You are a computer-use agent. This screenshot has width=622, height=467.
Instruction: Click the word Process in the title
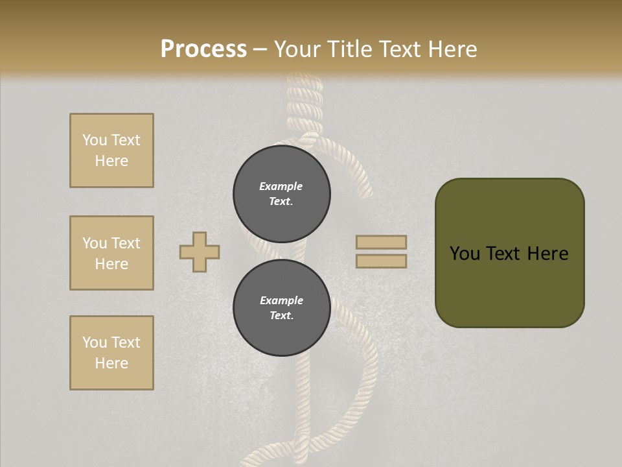click(203, 49)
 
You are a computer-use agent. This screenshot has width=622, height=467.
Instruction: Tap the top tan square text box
click(111, 150)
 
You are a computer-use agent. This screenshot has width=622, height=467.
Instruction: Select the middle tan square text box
click(111, 253)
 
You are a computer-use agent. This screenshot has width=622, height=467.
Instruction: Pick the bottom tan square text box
click(111, 353)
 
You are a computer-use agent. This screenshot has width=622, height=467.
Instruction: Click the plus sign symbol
click(200, 252)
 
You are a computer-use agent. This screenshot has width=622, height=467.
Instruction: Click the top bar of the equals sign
click(381, 243)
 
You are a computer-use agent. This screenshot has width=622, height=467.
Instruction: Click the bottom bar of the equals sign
click(381, 261)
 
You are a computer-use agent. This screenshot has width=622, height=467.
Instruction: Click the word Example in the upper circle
click(281, 186)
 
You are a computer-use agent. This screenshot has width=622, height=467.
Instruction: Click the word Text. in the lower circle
click(281, 316)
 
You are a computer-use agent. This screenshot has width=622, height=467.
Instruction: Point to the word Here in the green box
click(547, 254)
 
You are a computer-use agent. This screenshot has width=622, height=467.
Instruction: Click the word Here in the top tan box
click(111, 161)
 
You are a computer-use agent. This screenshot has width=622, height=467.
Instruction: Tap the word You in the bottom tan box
click(95, 342)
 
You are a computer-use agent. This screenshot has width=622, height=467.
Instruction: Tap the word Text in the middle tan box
click(126, 243)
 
